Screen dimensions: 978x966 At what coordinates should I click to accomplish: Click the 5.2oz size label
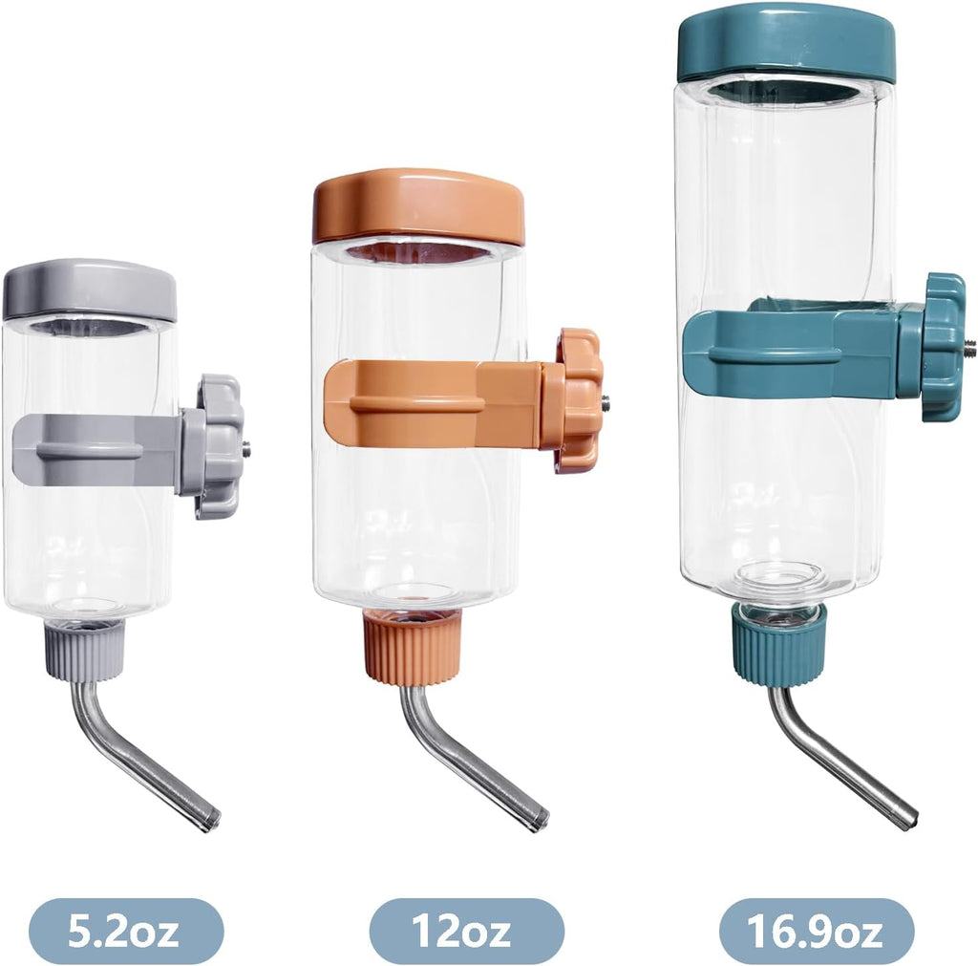pos(123,932)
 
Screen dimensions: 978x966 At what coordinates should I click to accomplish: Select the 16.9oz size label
pos(817,932)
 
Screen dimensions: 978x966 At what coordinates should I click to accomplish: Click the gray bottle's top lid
pos(90,290)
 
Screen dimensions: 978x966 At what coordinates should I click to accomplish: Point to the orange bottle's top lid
pos(418,206)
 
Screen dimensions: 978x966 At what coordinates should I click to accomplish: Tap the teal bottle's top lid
pos(787,47)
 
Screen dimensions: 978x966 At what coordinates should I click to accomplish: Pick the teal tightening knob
pos(945,346)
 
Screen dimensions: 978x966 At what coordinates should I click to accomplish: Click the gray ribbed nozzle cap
pos(84,652)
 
